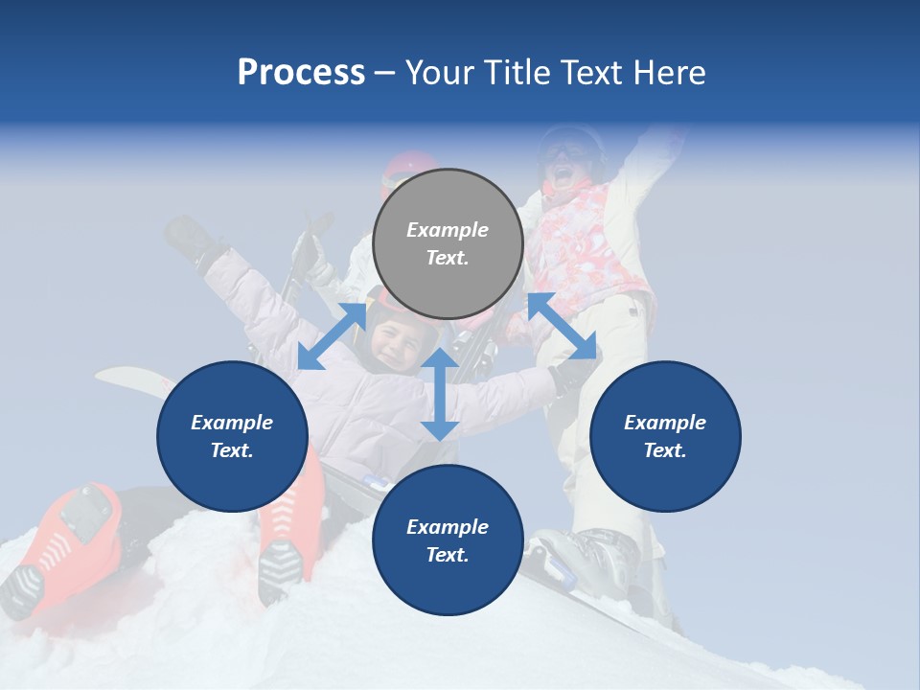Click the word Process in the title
point(301,73)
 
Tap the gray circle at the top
point(448,243)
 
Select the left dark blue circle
point(232,436)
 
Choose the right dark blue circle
point(665,436)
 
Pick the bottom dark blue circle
point(448,540)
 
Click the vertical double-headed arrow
point(440,394)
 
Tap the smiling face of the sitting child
point(393,340)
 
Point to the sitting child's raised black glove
point(191,240)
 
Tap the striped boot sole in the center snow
point(279,569)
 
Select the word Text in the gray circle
point(448,258)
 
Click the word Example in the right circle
point(665,423)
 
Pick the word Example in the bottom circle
point(448,526)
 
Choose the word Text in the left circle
point(232,450)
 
